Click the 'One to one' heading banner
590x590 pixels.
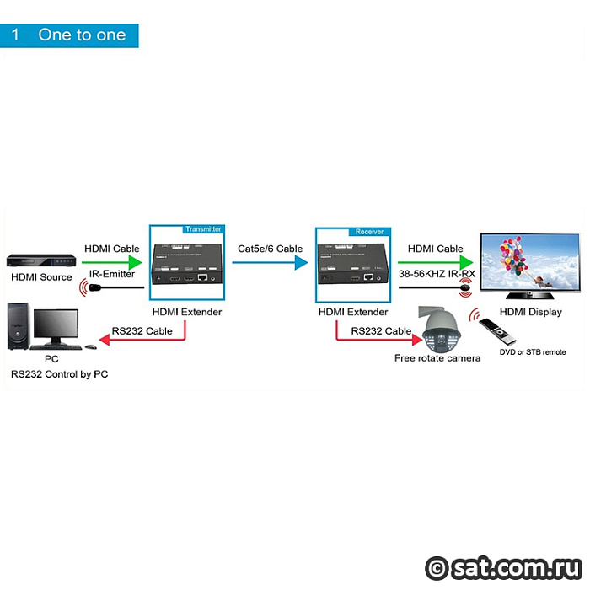point(69,35)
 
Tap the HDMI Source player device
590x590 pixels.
point(41,260)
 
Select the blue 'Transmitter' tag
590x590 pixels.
point(203,229)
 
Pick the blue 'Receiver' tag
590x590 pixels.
point(369,232)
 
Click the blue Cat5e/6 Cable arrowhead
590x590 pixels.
point(302,263)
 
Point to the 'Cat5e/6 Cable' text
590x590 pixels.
point(271,249)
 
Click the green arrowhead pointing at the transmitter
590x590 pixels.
point(135,262)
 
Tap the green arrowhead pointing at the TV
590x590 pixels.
point(467,262)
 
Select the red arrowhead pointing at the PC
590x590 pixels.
point(105,341)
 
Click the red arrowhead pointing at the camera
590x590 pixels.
point(417,340)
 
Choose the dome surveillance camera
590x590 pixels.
point(440,329)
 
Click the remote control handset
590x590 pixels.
point(497,331)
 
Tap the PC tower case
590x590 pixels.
point(19,326)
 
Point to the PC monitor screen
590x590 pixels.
point(56,324)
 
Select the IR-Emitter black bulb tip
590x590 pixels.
point(94,288)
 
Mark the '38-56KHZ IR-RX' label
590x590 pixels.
point(437,274)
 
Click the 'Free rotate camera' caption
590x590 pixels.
point(437,358)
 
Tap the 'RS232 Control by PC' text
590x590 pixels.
point(60,374)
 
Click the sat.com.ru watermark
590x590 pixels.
point(504,568)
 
